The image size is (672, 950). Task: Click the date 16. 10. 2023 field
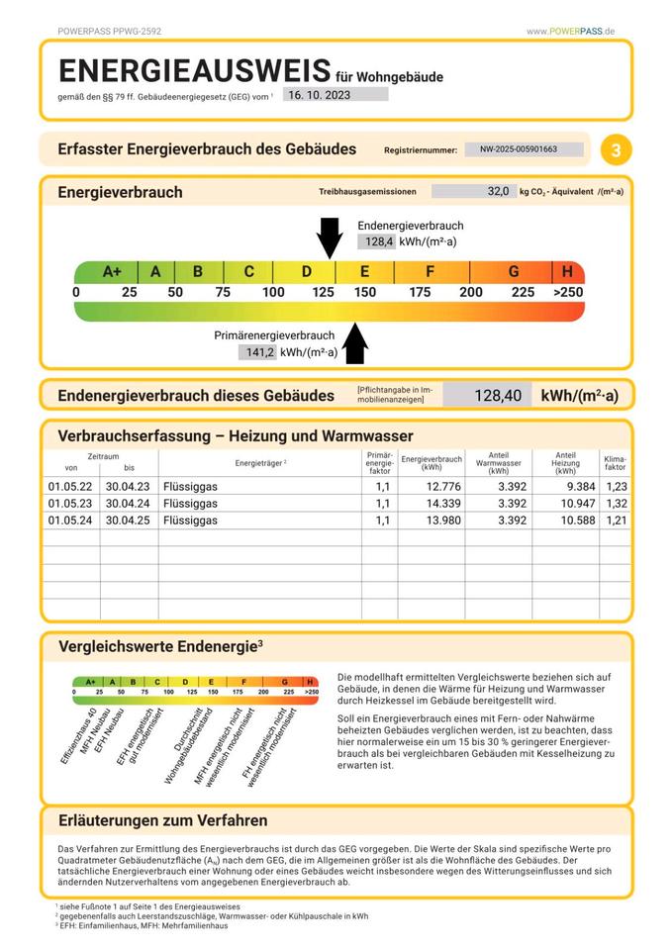tap(335, 95)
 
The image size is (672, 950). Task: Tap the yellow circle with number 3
tap(617, 150)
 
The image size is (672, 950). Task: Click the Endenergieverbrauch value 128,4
tap(379, 241)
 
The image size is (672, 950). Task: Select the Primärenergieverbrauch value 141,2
tap(259, 351)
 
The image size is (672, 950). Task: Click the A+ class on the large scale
tap(112, 272)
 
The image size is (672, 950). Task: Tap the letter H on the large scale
tap(567, 272)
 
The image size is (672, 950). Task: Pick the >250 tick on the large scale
tap(567, 292)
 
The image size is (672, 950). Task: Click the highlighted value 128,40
tap(497, 396)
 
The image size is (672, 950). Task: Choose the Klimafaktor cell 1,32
tap(617, 503)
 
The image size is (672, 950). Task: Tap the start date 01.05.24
tap(70, 520)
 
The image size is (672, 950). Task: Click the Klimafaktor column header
tap(616, 462)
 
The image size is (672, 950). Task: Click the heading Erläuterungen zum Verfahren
tap(162, 820)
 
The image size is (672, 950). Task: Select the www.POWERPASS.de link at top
tap(571, 32)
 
